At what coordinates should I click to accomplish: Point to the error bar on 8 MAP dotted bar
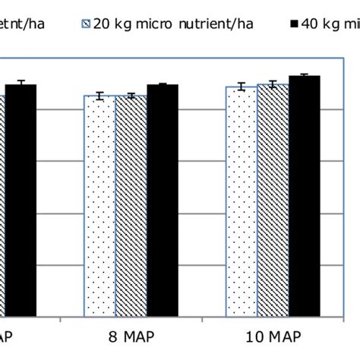[99, 96]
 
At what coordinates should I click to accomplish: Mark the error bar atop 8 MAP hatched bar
[130, 96]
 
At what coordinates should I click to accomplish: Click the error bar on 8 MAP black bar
[162, 84]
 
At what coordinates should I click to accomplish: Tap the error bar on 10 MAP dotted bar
[242, 87]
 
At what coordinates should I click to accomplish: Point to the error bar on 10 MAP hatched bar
[273, 84]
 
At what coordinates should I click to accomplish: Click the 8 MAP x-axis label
[130, 336]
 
